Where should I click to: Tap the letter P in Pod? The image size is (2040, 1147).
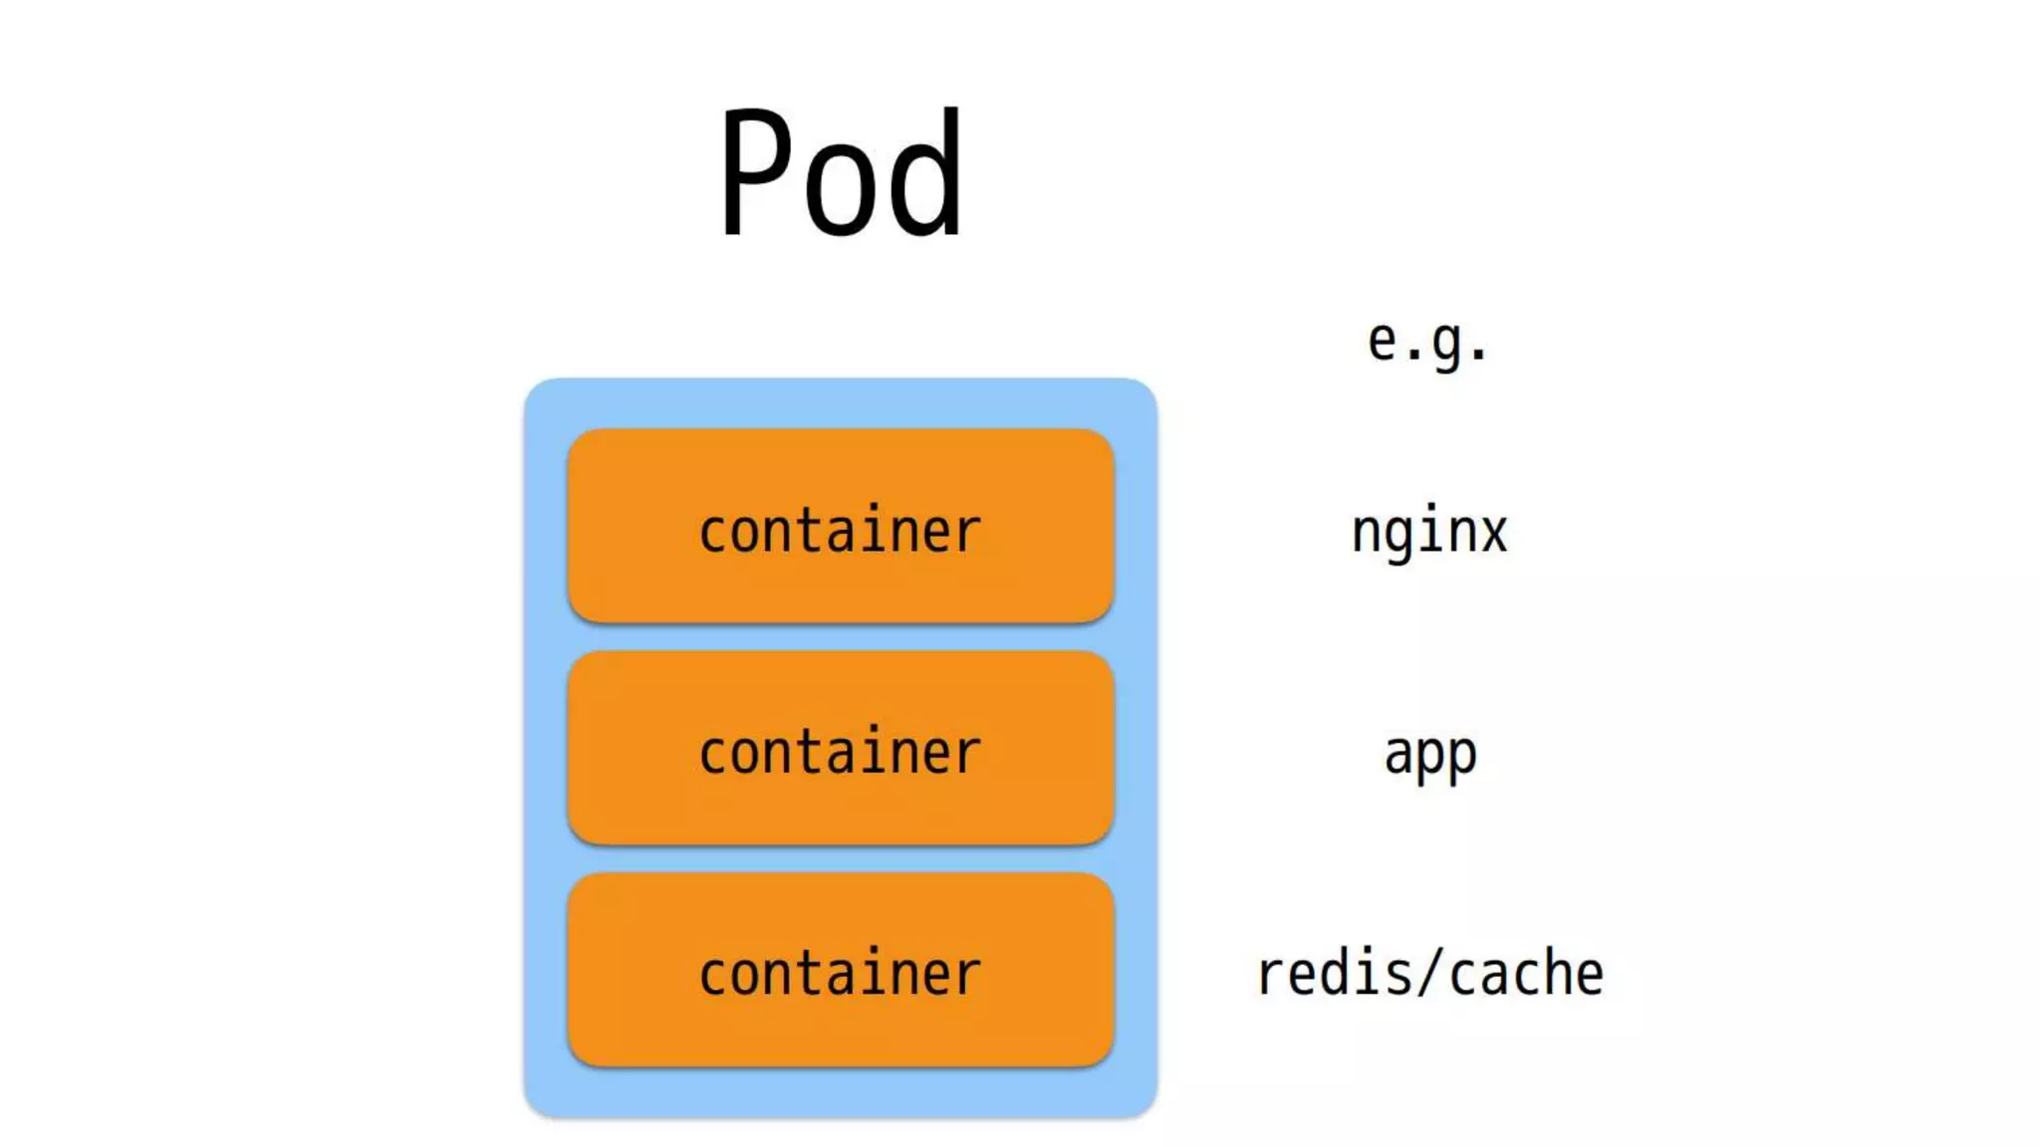tap(755, 171)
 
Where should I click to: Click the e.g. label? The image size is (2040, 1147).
tap(1427, 343)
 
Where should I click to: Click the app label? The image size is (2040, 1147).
tap(1430, 755)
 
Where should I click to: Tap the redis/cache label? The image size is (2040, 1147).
tap(1430, 974)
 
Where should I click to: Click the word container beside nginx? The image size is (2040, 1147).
tap(840, 531)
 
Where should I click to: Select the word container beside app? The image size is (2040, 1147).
tap(840, 753)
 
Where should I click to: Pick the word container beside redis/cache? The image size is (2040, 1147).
tap(840, 974)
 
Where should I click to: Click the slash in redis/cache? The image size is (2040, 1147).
tap(1430, 974)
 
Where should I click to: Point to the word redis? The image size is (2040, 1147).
tap(1335, 974)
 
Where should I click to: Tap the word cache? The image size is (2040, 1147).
tap(1526, 974)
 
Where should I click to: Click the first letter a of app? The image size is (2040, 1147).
tap(1399, 754)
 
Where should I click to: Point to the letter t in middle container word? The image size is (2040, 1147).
tap(808, 752)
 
